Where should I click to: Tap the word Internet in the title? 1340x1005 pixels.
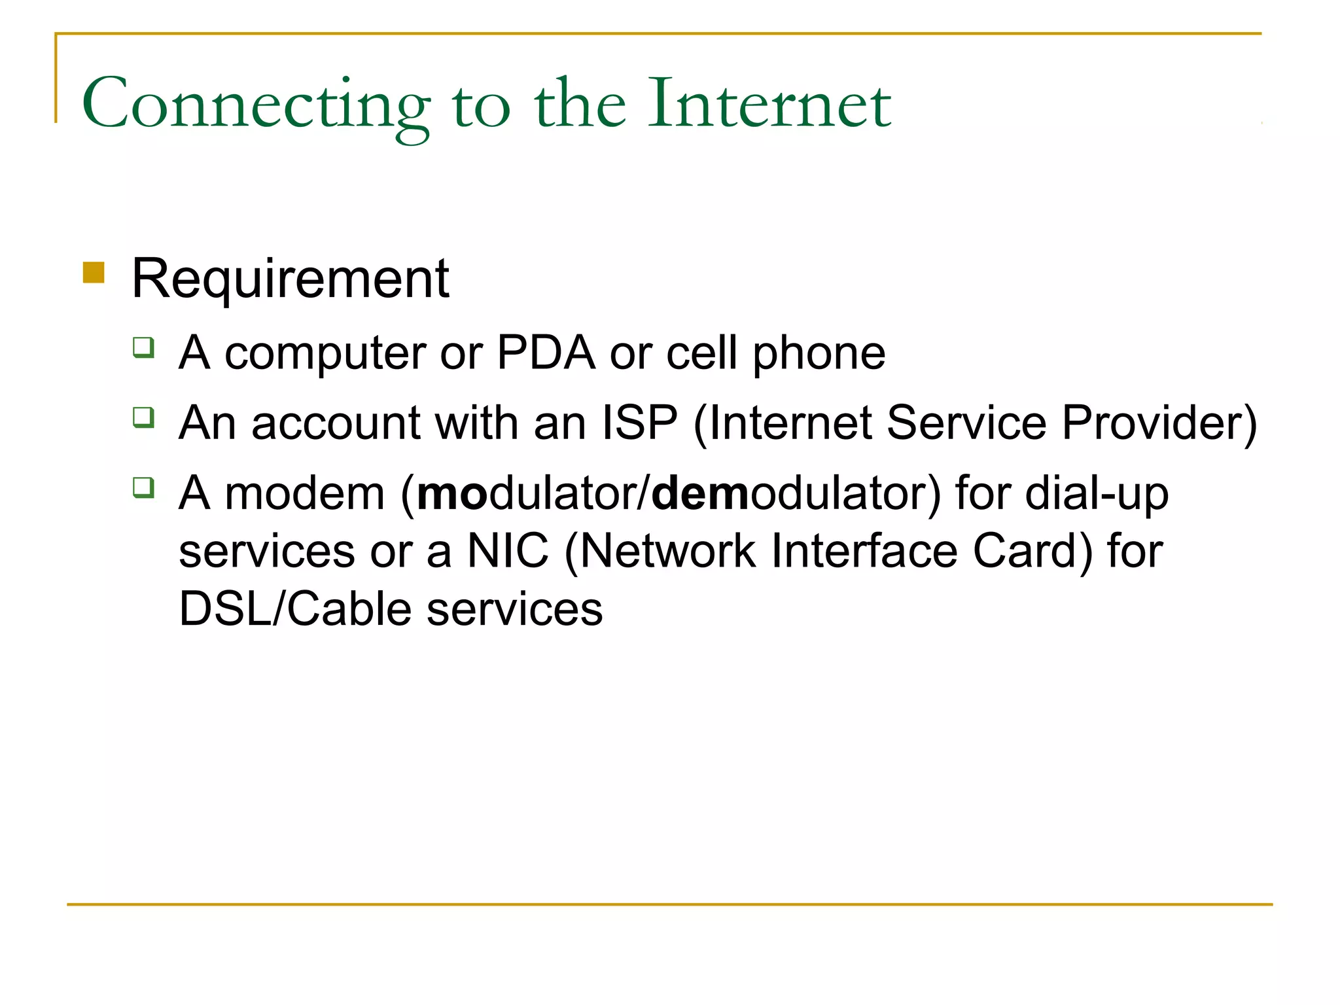(769, 103)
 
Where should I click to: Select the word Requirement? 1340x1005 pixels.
(291, 279)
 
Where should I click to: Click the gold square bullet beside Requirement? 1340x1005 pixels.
(94, 272)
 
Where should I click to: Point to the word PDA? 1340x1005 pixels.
(546, 353)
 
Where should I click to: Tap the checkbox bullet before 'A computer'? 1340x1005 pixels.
(143, 347)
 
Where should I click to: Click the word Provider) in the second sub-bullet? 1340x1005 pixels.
(1159, 424)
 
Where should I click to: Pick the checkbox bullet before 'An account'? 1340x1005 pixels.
(143, 417)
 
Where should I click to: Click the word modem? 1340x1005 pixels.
(305, 493)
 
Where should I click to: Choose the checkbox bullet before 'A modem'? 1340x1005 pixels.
(143, 487)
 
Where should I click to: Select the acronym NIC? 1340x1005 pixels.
(508, 551)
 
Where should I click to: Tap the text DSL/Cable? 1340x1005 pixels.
(295, 609)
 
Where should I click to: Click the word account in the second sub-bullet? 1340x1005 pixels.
(336, 424)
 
